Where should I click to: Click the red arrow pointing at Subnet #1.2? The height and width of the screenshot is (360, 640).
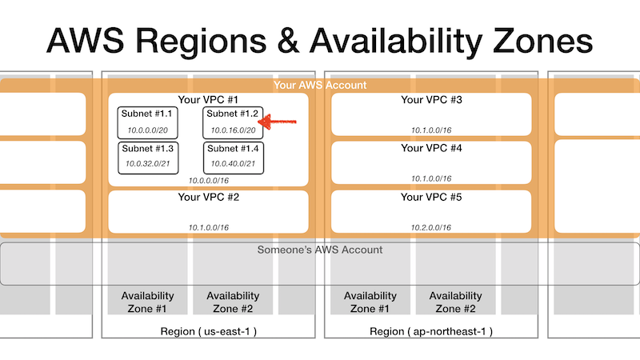click(278, 122)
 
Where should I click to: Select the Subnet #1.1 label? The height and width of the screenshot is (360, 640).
click(146, 114)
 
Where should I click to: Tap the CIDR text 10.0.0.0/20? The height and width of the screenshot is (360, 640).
click(147, 130)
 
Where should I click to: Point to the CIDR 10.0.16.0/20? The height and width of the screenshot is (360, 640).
click(233, 130)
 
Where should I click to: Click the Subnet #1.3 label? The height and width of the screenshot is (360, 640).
click(147, 149)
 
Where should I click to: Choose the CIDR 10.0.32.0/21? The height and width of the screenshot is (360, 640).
click(147, 164)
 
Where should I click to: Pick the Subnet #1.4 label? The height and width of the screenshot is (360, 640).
click(233, 149)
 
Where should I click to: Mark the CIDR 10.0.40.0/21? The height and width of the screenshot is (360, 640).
click(233, 164)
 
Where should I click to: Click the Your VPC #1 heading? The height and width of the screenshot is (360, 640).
click(208, 99)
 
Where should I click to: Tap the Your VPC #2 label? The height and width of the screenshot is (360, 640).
click(208, 197)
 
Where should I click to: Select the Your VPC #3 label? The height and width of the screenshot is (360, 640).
click(431, 99)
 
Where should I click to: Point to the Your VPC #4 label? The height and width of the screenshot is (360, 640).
click(431, 148)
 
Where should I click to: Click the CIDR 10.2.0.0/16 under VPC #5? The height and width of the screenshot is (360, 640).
click(431, 227)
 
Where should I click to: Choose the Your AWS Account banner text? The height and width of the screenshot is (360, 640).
click(320, 85)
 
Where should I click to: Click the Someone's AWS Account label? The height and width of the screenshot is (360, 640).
click(320, 250)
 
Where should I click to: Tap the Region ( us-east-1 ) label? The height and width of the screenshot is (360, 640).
click(208, 331)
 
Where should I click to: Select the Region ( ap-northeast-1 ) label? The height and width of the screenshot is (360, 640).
click(431, 331)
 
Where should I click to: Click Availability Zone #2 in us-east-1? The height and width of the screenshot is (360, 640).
click(233, 302)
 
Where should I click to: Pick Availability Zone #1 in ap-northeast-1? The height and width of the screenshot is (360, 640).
click(370, 302)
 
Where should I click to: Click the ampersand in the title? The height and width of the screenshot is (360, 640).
click(288, 41)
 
